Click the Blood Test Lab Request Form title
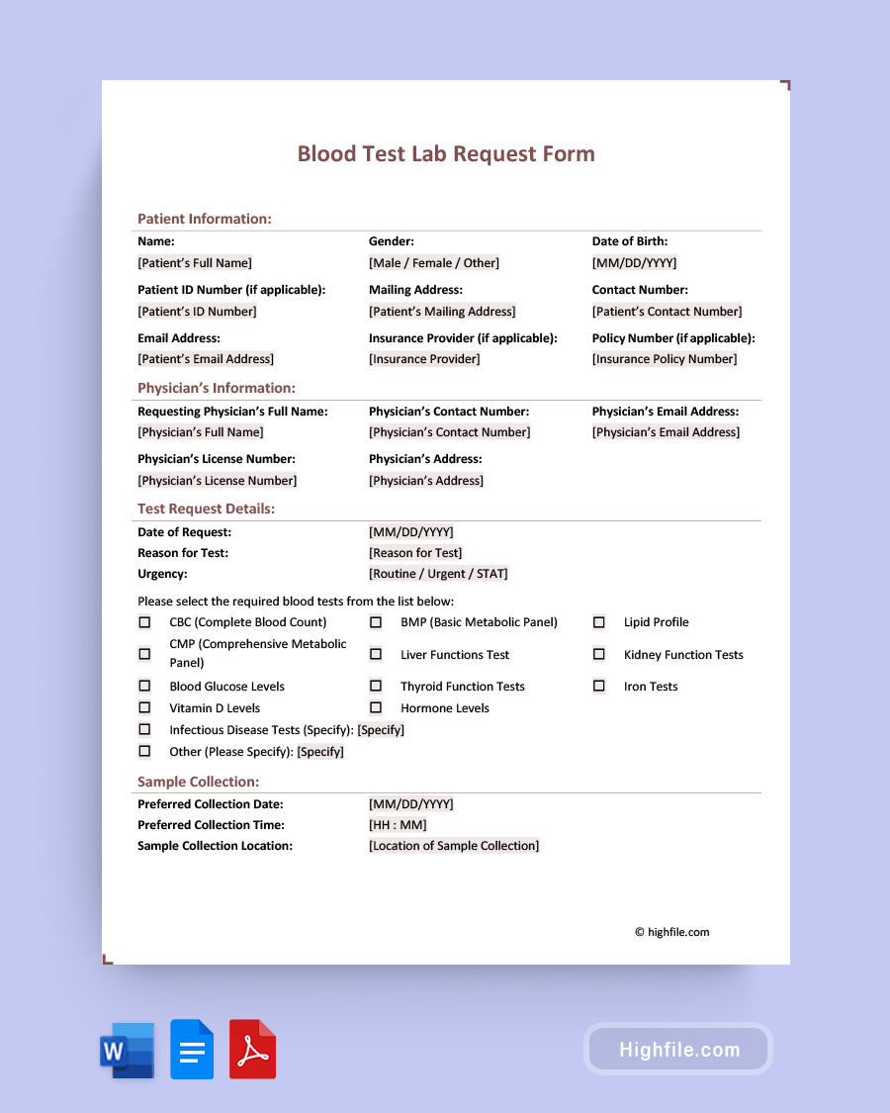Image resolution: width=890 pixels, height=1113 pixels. click(446, 154)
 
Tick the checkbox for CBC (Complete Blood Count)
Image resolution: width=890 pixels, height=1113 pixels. click(144, 622)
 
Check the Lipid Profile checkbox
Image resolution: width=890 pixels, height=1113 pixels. click(598, 622)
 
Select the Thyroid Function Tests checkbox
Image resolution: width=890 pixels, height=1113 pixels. click(376, 686)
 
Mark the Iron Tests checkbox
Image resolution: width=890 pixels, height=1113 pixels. click(598, 686)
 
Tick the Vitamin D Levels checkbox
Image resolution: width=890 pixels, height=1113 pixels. click(144, 707)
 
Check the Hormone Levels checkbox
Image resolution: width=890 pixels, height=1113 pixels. click(376, 707)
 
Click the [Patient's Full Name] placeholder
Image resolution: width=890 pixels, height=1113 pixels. click(195, 263)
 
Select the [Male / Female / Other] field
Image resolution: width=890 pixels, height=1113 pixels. click(434, 263)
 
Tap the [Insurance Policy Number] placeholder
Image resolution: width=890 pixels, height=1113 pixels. click(665, 359)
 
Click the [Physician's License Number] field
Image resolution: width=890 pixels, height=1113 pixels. click(218, 481)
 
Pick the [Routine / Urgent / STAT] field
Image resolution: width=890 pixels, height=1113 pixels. click(438, 574)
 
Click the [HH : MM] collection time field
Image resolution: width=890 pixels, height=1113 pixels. click(398, 825)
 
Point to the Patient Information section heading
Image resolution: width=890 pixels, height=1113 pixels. click(205, 219)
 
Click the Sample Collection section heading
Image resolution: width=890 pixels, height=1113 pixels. click(199, 782)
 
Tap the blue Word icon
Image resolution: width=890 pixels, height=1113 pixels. click(128, 1050)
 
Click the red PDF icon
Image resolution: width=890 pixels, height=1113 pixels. click(253, 1050)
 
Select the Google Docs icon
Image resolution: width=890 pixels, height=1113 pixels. click(192, 1050)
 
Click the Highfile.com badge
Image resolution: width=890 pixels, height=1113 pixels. click(678, 1050)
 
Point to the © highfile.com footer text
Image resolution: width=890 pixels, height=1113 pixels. click(672, 932)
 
